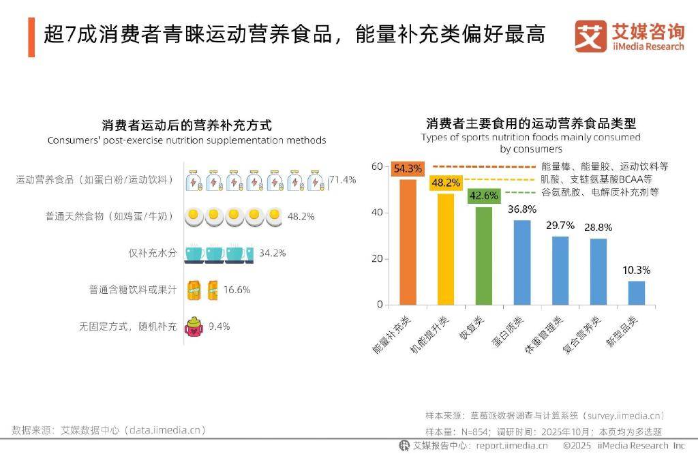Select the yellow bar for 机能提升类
coord(446,249)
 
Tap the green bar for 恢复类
coord(483,255)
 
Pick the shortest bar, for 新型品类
coord(636,292)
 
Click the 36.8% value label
coord(521,209)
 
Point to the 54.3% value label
coord(408,168)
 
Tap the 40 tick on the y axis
coord(376,213)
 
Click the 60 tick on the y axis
coord(376,166)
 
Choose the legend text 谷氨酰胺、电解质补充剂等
coord(600,192)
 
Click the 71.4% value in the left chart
coord(342,180)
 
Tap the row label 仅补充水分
coord(153,253)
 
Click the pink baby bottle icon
coord(194,326)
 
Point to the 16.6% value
coord(237,290)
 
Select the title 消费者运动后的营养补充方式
coord(187,125)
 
